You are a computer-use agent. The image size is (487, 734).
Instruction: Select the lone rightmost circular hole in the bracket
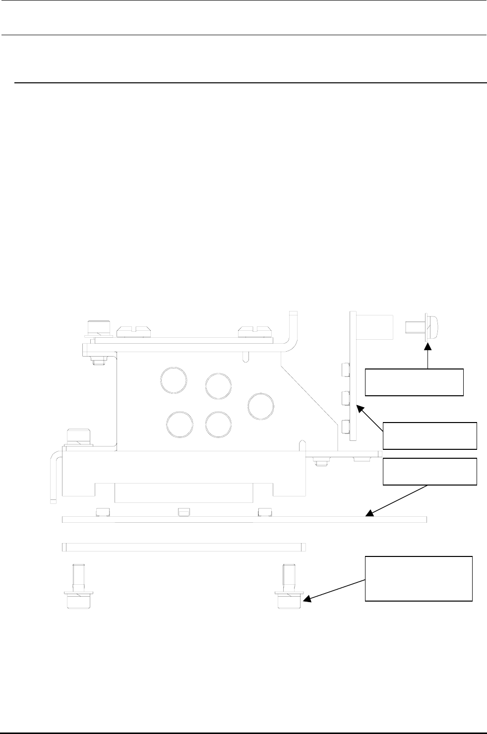[x=261, y=405]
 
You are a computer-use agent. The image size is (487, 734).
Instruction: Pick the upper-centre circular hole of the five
[x=218, y=386]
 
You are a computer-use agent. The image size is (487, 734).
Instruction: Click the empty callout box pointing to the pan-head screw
[x=414, y=382]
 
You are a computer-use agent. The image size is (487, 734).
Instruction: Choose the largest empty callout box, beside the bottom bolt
[x=419, y=579]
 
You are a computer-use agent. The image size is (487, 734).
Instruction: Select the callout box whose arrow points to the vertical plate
[x=429, y=435]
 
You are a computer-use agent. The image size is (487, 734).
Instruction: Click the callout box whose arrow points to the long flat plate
[x=429, y=472]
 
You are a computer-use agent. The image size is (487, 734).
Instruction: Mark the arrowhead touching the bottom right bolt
[x=307, y=600]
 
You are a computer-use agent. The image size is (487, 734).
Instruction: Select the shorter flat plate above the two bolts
[x=183, y=547]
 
